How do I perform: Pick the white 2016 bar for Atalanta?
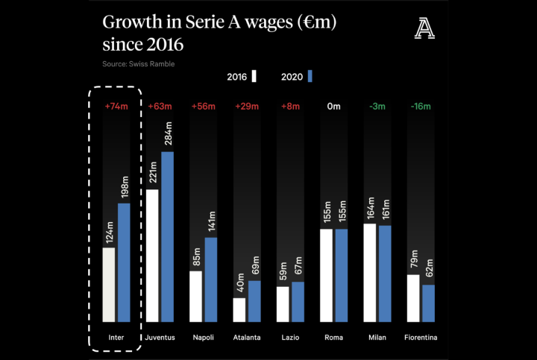click(239, 309)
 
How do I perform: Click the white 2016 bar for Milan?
click(369, 272)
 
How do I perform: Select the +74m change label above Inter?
click(116, 107)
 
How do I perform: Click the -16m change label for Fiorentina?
click(421, 107)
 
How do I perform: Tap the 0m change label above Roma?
click(334, 107)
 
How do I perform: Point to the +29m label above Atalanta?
click(247, 107)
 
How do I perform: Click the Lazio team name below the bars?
click(290, 338)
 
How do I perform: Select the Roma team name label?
click(334, 338)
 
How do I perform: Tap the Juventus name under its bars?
click(160, 338)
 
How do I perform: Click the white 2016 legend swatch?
click(254, 76)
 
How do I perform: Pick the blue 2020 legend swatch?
click(309, 76)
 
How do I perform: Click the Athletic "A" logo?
click(424, 30)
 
